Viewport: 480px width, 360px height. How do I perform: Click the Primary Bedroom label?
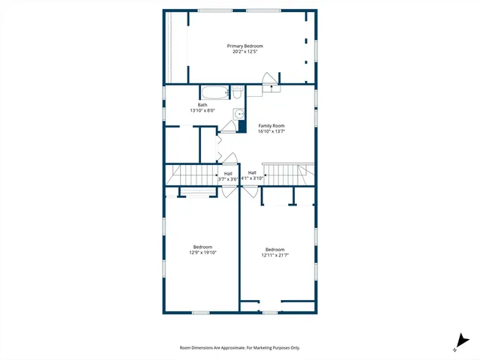[245, 46]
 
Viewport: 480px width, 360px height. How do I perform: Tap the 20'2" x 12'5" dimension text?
[245, 52]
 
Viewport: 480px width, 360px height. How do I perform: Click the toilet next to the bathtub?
[235, 94]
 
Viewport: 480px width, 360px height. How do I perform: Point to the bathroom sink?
[238, 115]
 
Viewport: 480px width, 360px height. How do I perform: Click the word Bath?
[202, 105]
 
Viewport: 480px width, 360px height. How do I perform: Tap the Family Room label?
[271, 125]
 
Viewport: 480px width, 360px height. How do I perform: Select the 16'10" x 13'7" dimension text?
[271, 131]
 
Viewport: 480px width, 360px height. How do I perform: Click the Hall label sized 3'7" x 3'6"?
[228, 173]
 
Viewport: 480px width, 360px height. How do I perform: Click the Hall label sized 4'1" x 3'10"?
[252, 173]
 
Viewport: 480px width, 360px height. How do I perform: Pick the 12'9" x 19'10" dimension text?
[202, 253]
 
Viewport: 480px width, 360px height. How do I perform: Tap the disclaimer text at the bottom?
[240, 347]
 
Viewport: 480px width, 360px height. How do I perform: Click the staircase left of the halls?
[192, 176]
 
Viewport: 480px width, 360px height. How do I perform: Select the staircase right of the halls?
[286, 175]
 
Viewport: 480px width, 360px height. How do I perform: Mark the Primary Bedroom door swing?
[268, 80]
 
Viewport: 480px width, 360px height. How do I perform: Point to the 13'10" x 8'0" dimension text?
[202, 111]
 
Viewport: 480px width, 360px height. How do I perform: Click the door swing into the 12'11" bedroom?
[247, 192]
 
